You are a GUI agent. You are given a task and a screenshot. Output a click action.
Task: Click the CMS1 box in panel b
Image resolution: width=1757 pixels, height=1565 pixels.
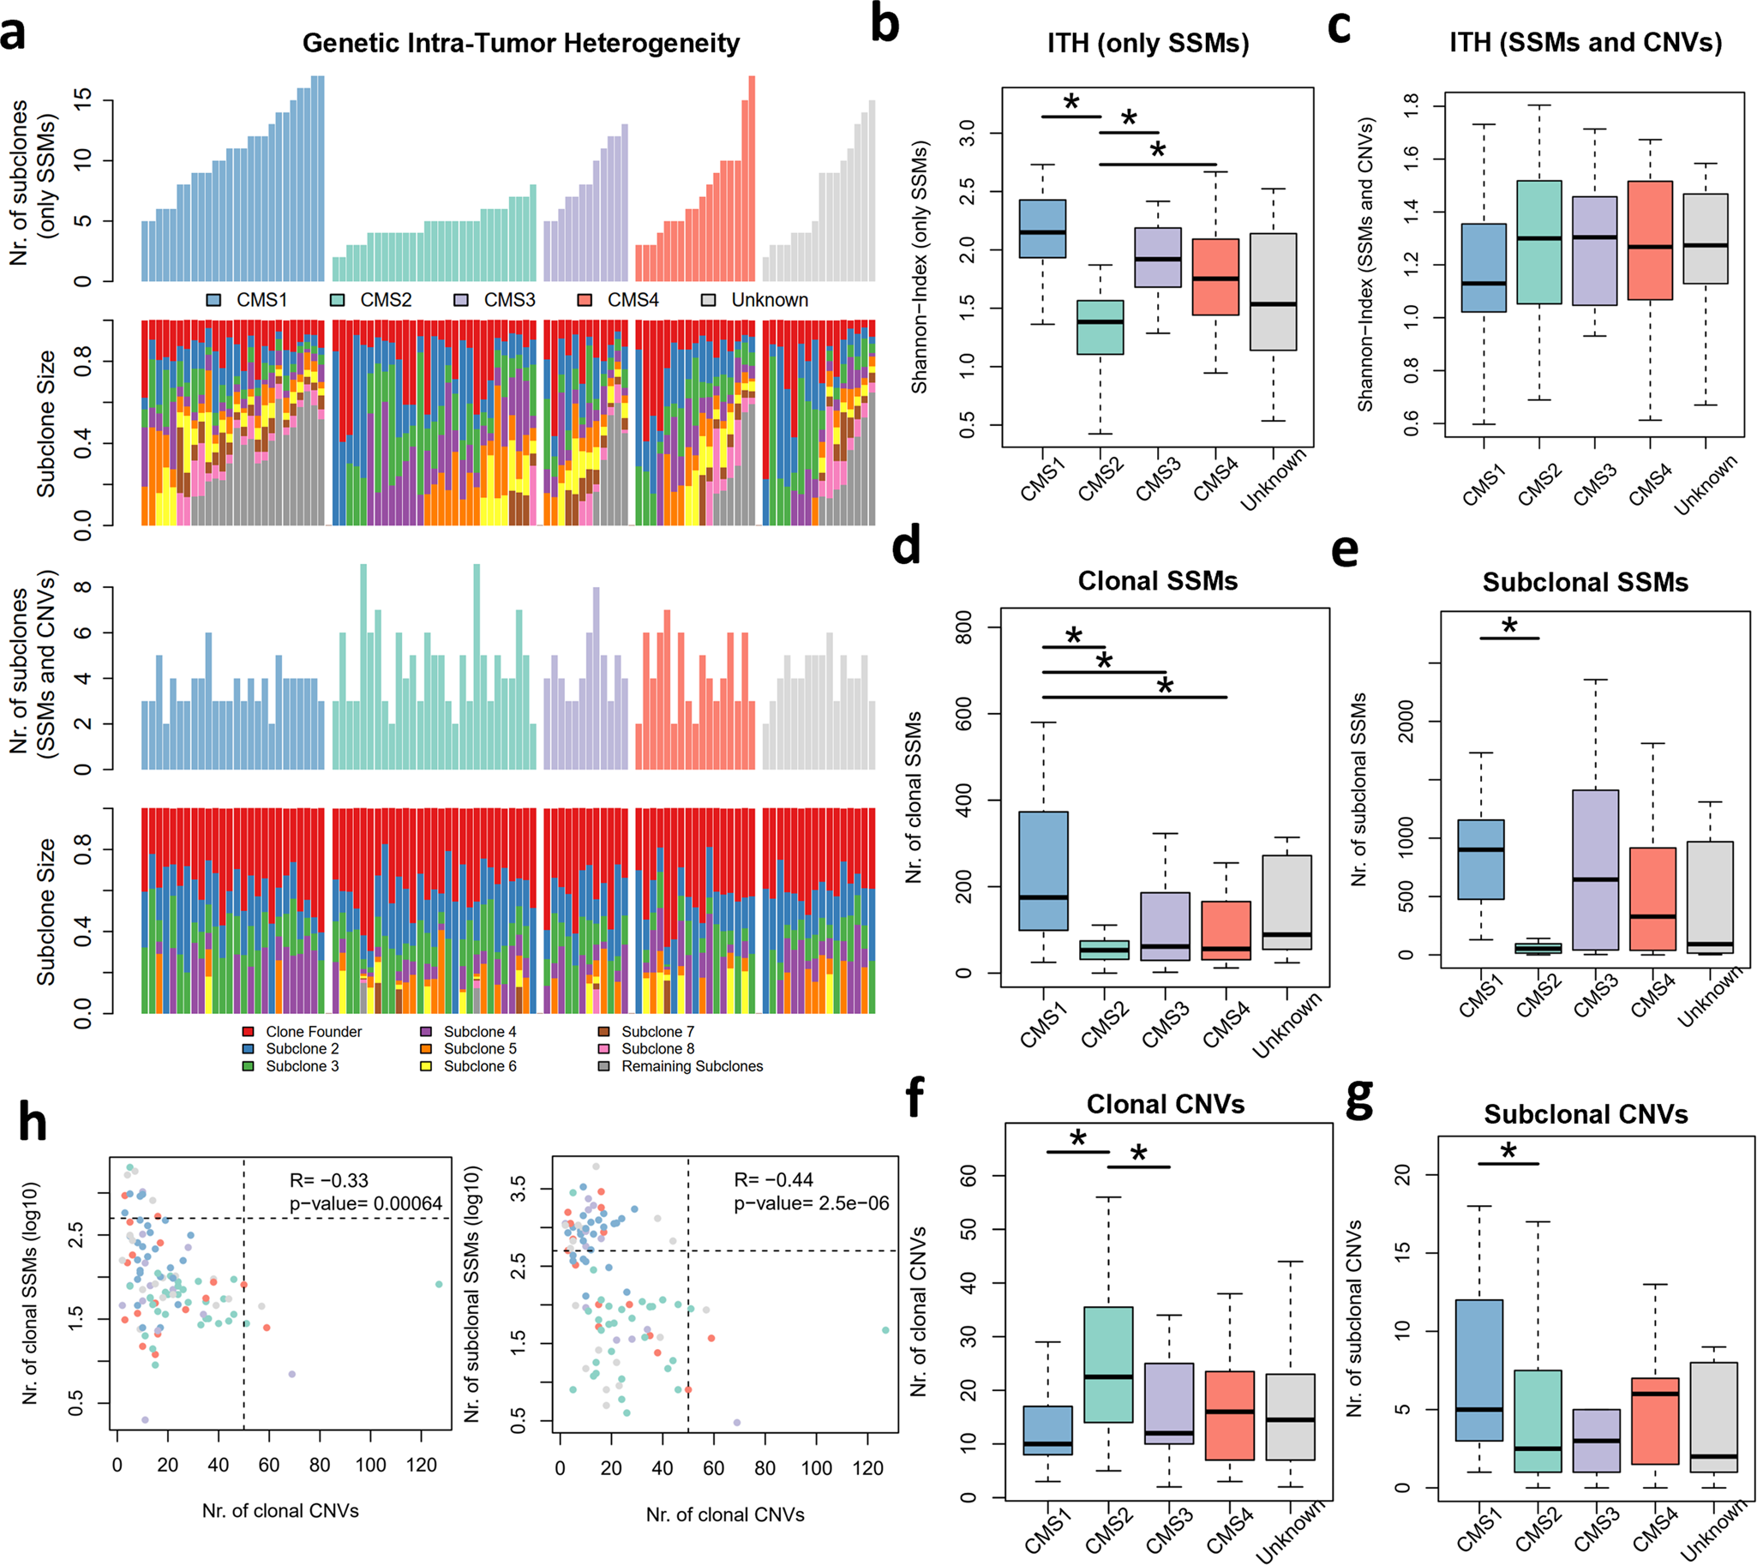tap(1042, 229)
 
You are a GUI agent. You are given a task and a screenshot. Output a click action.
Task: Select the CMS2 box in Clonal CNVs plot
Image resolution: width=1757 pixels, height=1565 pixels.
tap(1108, 1376)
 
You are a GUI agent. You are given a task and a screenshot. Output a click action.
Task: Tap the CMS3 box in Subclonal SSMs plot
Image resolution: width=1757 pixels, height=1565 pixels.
tap(1595, 869)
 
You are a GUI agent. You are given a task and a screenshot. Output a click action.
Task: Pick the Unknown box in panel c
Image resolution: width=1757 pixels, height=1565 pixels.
tap(1706, 238)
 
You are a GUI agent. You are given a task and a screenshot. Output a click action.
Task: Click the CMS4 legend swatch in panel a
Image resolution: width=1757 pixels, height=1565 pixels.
tap(585, 300)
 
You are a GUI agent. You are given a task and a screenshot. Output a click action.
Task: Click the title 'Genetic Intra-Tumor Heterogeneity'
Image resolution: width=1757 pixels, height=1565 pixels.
tap(520, 43)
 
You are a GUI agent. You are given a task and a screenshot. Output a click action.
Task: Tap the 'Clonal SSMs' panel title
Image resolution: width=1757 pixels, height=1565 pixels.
tap(1158, 581)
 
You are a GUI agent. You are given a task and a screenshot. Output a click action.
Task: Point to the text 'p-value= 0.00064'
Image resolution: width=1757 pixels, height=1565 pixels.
tap(365, 1203)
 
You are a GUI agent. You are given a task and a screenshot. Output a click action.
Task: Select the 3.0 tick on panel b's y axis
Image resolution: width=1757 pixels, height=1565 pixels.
tap(968, 134)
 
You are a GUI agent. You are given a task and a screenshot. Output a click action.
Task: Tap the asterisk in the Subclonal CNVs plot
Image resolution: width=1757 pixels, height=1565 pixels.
tap(1508, 1151)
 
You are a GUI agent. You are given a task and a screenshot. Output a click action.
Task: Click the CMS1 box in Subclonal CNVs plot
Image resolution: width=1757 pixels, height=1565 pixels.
tap(1479, 1370)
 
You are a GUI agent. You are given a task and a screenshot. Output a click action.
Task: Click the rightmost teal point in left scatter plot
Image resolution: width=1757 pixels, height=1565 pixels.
tap(439, 1285)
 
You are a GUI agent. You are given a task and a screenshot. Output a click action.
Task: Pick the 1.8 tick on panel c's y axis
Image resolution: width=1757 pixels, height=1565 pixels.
tap(1412, 106)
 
